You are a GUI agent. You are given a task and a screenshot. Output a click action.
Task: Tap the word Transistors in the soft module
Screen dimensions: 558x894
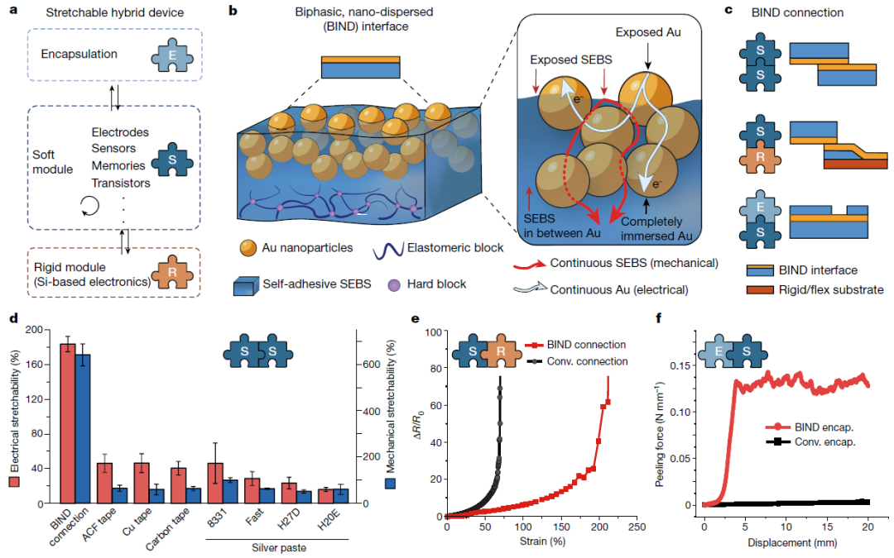121,183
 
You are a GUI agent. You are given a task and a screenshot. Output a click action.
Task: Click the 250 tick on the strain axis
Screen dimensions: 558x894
637,526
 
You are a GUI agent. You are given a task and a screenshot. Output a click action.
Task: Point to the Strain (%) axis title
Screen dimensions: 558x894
541,541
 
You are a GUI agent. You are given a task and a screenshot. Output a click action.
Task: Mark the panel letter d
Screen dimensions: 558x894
11,316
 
